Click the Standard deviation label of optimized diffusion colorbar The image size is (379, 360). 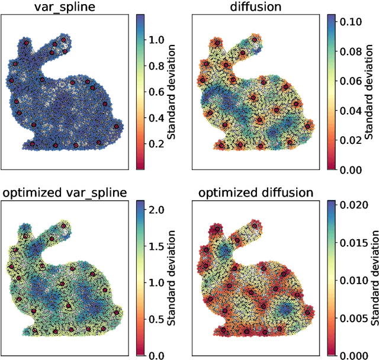click(x=374, y=278)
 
